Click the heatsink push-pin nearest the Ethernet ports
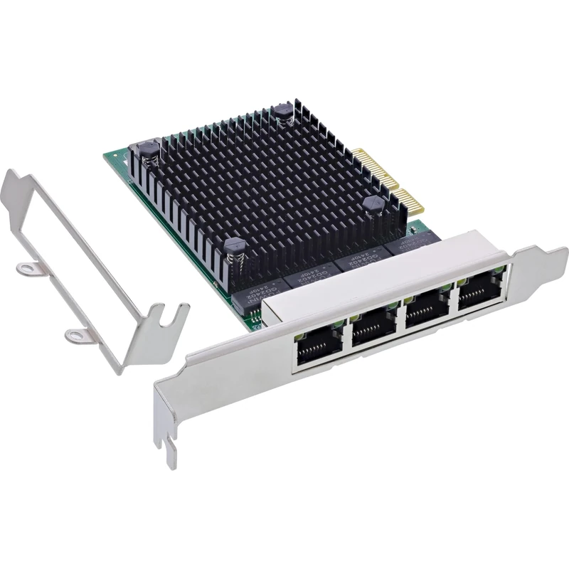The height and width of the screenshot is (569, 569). tap(236, 249)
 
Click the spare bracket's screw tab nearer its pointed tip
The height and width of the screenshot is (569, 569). tap(27, 268)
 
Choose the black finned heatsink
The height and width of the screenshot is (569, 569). tap(263, 185)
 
